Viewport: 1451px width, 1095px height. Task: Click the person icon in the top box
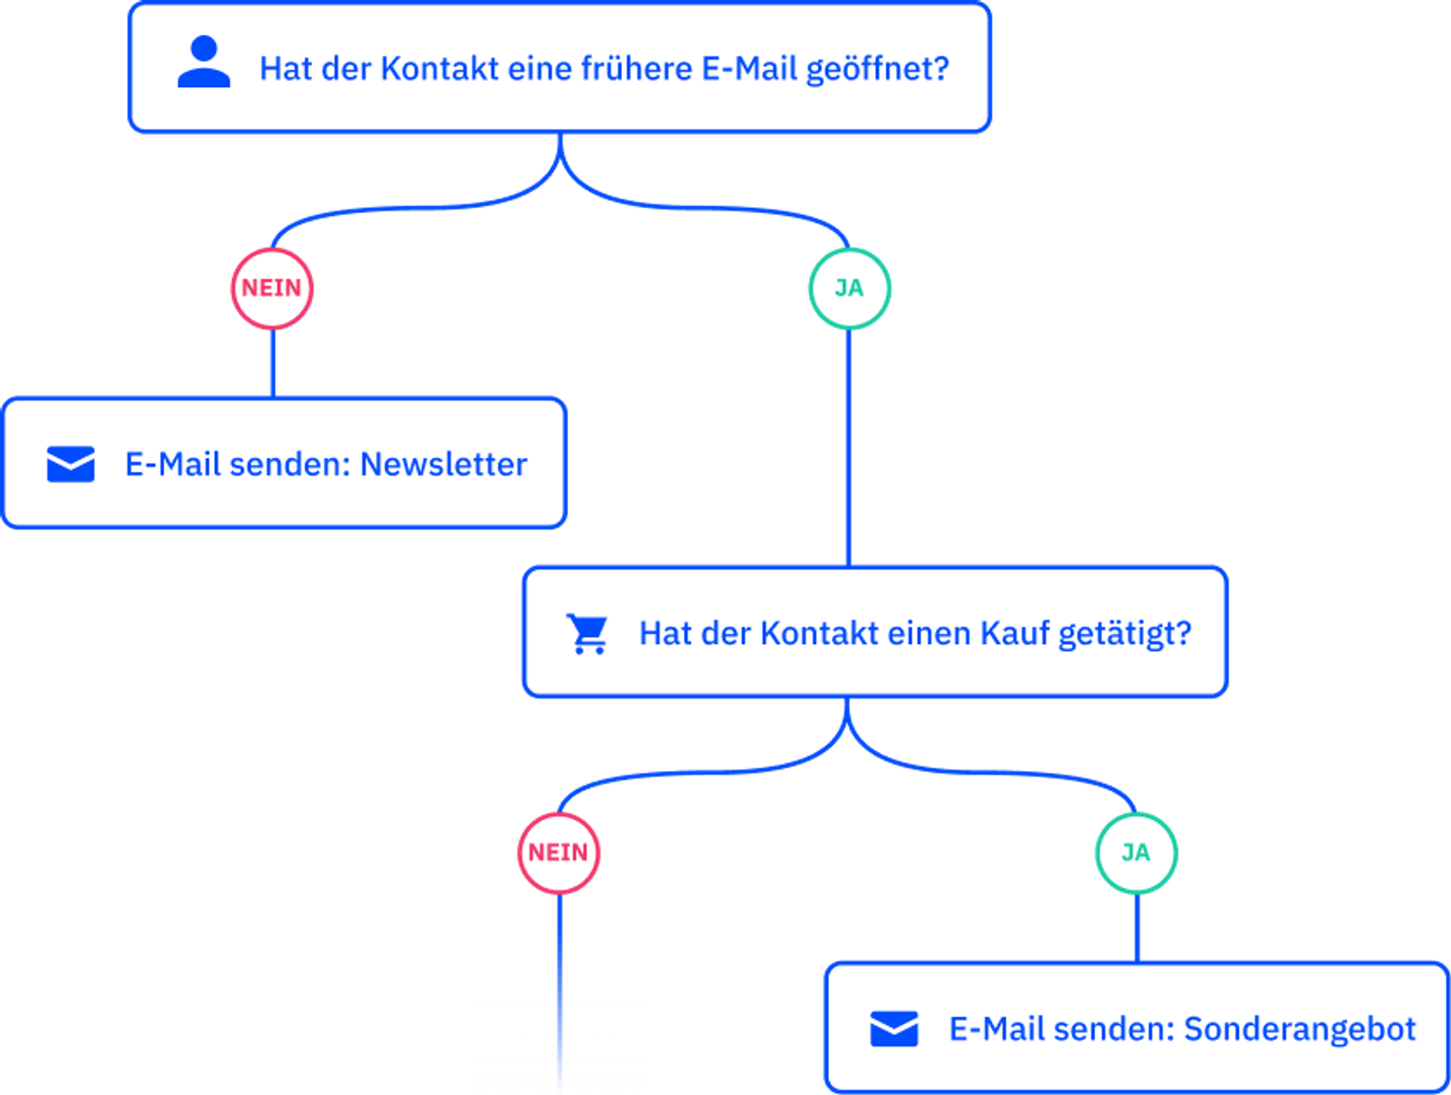click(x=203, y=63)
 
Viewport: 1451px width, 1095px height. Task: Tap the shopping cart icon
click(x=588, y=633)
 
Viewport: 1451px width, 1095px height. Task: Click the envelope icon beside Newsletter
click(x=71, y=464)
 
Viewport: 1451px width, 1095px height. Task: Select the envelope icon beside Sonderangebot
click(x=893, y=1029)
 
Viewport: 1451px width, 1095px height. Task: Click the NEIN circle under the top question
click(x=272, y=288)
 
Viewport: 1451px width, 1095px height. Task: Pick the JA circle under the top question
click(x=849, y=288)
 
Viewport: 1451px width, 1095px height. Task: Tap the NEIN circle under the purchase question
click(x=558, y=853)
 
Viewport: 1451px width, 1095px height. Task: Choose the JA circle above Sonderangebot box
click(x=1135, y=853)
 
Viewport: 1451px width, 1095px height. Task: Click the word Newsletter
click(x=443, y=464)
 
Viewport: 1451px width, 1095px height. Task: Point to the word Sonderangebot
click(x=1300, y=1030)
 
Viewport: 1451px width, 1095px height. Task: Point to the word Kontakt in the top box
click(x=439, y=69)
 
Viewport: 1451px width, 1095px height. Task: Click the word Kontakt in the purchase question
click(x=819, y=633)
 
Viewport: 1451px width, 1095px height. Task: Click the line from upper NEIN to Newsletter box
click(x=273, y=363)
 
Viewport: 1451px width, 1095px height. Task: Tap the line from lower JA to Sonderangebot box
click(x=1136, y=927)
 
